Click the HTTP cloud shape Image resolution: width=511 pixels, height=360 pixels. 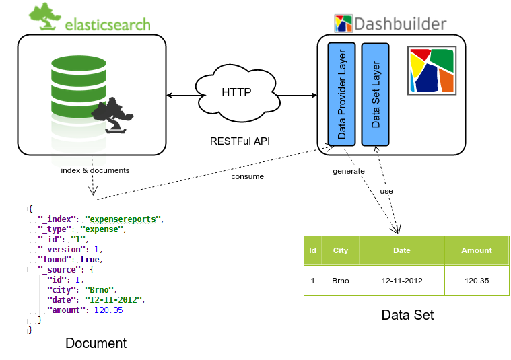click(236, 93)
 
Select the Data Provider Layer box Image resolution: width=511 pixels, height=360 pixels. click(341, 94)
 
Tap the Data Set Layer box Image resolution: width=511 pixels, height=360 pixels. click(375, 94)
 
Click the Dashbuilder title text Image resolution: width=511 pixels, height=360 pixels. click(400, 24)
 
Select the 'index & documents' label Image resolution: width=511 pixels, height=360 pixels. click(95, 170)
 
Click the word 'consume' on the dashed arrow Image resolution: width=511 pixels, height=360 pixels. click(248, 176)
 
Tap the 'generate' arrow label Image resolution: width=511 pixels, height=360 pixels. click(349, 171)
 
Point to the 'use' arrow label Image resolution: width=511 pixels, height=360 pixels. click(386, 191)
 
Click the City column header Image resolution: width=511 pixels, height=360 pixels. click(341, 250)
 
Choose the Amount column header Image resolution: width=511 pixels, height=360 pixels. click(477, 250)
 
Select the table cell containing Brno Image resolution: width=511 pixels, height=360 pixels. click(341, 280)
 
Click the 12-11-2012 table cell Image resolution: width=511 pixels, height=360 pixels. click(401, 280)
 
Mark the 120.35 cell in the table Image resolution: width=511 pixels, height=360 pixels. click(477, 280)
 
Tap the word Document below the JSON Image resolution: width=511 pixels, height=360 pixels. click(96, 343)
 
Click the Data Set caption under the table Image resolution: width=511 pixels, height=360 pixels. click(407, 315)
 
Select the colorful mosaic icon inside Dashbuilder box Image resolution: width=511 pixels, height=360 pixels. click(432, 70)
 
